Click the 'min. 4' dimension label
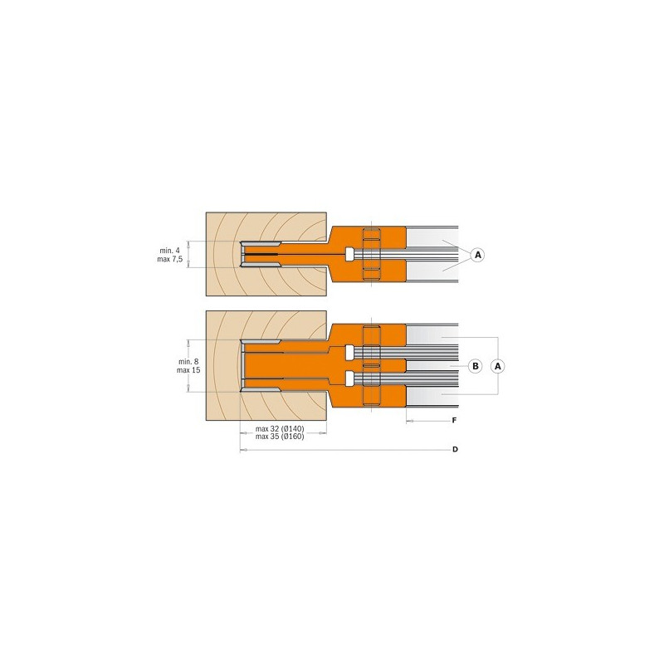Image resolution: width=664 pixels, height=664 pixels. click(x=169, y=251)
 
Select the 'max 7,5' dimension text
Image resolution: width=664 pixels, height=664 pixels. click(x=170, y=259)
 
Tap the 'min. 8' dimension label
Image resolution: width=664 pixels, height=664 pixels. click(x=188, y=362)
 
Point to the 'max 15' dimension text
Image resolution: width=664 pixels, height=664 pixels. click(x=188, y=370)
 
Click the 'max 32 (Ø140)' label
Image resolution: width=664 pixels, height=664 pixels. click(x=280, y=428)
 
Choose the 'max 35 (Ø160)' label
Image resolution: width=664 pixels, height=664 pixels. click(x=280, y=437)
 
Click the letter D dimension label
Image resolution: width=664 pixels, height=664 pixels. click(x=455, y=449)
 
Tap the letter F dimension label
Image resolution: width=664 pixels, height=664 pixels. click(x=454, y=421)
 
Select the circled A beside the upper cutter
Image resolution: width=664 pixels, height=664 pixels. click(x=478, y=255)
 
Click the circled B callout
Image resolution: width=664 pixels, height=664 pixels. click(x=476, y=366)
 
